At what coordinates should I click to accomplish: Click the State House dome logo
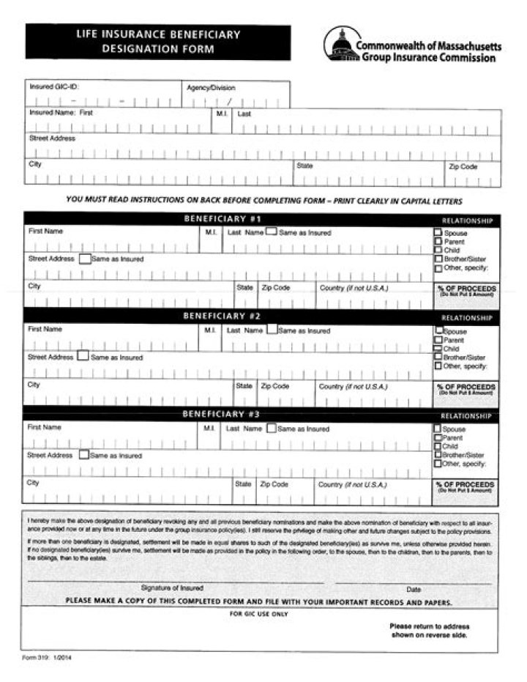click(339, 45)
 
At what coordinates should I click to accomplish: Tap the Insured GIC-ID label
click(53, 86)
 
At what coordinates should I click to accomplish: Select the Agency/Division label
click(211, 87)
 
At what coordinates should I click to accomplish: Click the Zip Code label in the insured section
click(463, 166)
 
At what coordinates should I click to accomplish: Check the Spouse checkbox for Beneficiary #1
click(438, 233)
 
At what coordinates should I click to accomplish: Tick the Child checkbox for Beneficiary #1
click(438, 251)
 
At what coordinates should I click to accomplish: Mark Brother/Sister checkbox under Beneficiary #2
click(438, 357)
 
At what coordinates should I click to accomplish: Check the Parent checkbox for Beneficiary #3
click(438, 437)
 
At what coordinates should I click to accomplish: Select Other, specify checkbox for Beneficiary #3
click(438, 463)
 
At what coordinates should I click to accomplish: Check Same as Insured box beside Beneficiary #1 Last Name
click(271, 232)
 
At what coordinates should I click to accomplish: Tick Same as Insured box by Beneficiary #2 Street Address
click(83, 357)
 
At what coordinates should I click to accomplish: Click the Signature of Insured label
click(172, 588)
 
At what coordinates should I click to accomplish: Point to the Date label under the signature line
click(414, 588)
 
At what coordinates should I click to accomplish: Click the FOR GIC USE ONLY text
click(258, 614)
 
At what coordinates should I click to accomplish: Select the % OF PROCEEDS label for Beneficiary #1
click(466, 289)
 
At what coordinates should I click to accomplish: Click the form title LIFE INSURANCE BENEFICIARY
click(158, 34)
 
